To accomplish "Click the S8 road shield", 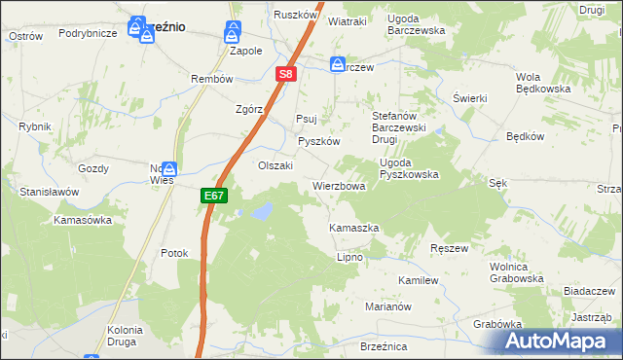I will [x=284, y=73].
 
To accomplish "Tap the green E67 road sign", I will [x=214, y=196].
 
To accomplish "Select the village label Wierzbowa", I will [x=339, y=186].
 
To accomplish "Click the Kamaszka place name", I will [x=353, y=228].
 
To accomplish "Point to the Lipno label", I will [x=349, y=257].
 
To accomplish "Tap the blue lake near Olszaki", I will [x=260, y=210].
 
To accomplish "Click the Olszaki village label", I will [x=275, y=165].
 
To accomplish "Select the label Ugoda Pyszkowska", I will [x=409, y=168].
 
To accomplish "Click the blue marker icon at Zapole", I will [x=233, y=30].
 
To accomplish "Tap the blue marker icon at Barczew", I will [x=337, y=64].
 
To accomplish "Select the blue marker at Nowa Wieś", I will [x=169, y=168].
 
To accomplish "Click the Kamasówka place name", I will [x=83, y=221].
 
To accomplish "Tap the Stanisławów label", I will [x=49, y=193].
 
